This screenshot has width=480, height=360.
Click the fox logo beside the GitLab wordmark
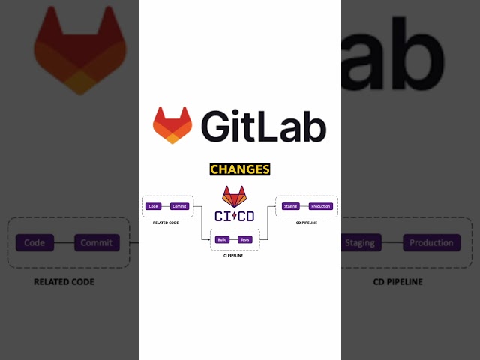pos(172,125)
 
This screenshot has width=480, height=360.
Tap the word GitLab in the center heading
pos(263,125)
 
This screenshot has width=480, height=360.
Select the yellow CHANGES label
pos(240,169)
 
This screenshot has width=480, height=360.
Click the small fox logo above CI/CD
pos(234,197)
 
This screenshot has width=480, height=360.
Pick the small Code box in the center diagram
pos(153,206)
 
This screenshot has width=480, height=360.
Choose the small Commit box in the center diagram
pos(179,206)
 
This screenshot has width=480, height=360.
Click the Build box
pos(221,239)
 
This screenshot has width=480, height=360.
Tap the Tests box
pos(245,239)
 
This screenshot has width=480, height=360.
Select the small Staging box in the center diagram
pos(290,206)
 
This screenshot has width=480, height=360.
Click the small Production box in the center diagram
pos(320,206)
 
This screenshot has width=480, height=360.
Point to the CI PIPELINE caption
pos(233,256)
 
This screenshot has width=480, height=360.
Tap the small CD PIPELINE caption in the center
pos(307,223)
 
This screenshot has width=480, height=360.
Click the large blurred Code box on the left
pos(34,242)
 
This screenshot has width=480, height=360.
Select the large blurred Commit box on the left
pos(96,242)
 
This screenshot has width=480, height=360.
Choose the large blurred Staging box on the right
pos(360,242)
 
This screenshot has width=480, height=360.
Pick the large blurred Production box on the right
pos(431,242)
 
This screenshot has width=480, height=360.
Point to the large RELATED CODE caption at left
pos(64,282)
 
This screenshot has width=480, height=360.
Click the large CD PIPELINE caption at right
pos(397,282)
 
